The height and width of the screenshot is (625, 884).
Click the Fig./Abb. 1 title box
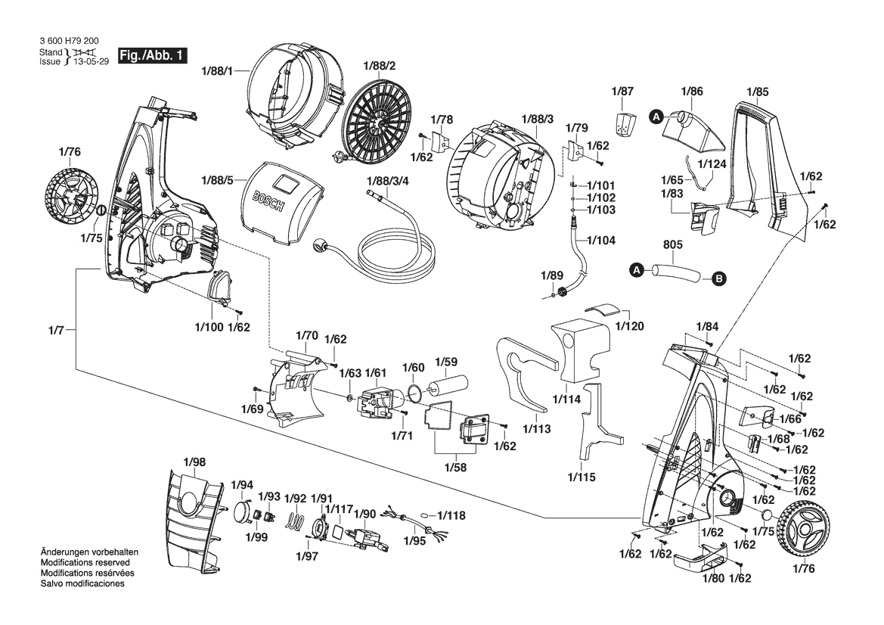[x=150, y=56]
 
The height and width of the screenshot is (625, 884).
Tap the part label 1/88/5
[x=219, y=180]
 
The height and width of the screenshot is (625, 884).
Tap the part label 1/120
[x=631, y=326]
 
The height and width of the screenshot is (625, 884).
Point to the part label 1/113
[x=535, y=429]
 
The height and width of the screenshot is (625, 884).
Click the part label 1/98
[x=194, y=462]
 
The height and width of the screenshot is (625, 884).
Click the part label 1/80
[x=713, y=578]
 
